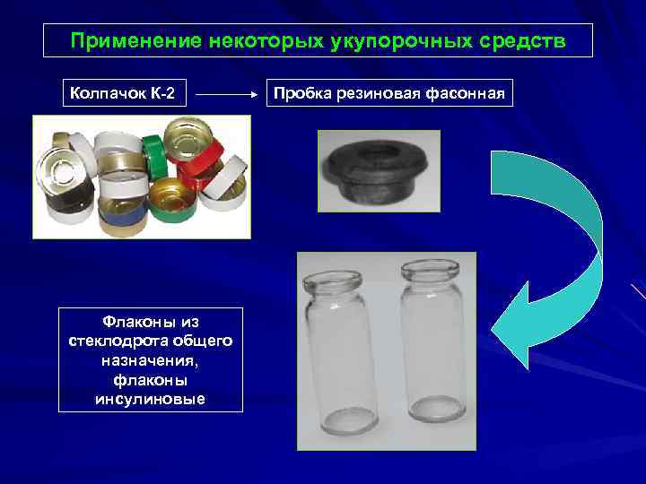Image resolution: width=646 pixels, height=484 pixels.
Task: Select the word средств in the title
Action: tap(522, 42)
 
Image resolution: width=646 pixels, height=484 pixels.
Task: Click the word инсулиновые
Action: tap(150, 398)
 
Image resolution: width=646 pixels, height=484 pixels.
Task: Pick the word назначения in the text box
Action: tap(150, 360)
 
